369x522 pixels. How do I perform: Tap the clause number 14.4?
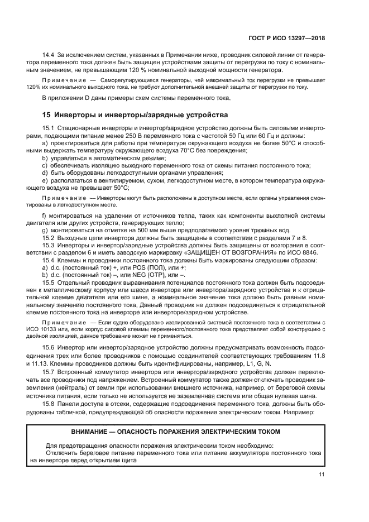[49, 55]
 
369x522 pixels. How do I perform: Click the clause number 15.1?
[49, 130]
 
